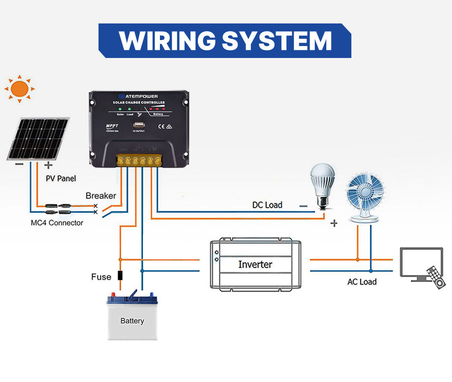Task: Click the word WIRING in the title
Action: pyautogui.click(x=166, y=41)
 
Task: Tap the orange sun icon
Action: pyautogui.click(x=19, y=89)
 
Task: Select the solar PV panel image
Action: pyautogui.click(x=38, y=139)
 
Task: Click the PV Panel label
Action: pyautogui.click(x=61, y=178)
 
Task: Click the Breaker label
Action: pyautogui.click(x=101, y=196)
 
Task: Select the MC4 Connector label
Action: pyautogui.click(x=57, y=223)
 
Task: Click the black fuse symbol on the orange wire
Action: pyautogui.click(x=121, y=275)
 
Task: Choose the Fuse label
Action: pyautogui.click(x=101, y=277)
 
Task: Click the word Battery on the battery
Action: pyautogui.click(x=132, y=321)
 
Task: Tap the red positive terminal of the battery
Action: pyautogui.click(x=113, y=295)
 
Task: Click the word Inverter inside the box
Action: pyautogui.click(x=255, y=264)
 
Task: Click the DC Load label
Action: pyautogui.click(x=267, y=205)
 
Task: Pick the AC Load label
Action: pyautogui.click(x=362, y=282)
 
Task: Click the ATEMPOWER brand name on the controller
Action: pyautogui.click(x=141, y=96)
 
